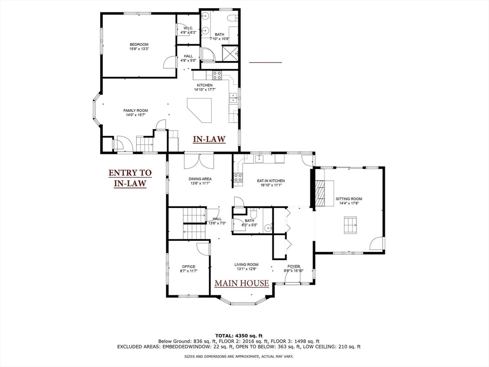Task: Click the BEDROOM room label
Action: [139, 44]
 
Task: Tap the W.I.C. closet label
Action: [187, 28]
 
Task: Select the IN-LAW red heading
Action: [209, 139]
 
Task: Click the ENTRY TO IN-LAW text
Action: [130, 178]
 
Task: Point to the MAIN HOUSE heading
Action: [241, 283]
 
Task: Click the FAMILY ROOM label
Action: [136, 110]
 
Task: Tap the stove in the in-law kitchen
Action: [217, 75]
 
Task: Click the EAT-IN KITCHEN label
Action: [271, 181]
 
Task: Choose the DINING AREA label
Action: [200, 179]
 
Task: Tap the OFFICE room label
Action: [189, 267]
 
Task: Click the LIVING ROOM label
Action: [246, 264]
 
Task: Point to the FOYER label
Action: [293, 266]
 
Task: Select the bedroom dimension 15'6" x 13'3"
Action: [139, 49]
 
